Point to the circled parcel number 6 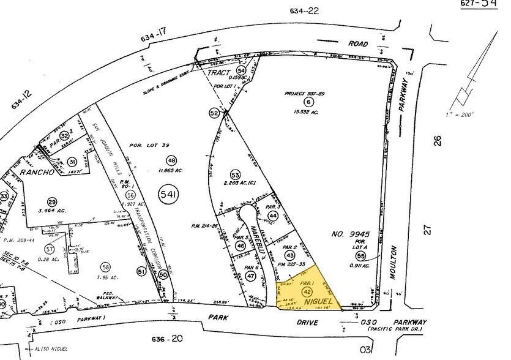tap(308, 102)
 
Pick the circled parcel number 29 tap(52, 203)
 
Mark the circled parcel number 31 tap(72, 162)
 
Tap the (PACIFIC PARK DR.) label tap(399, 330)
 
